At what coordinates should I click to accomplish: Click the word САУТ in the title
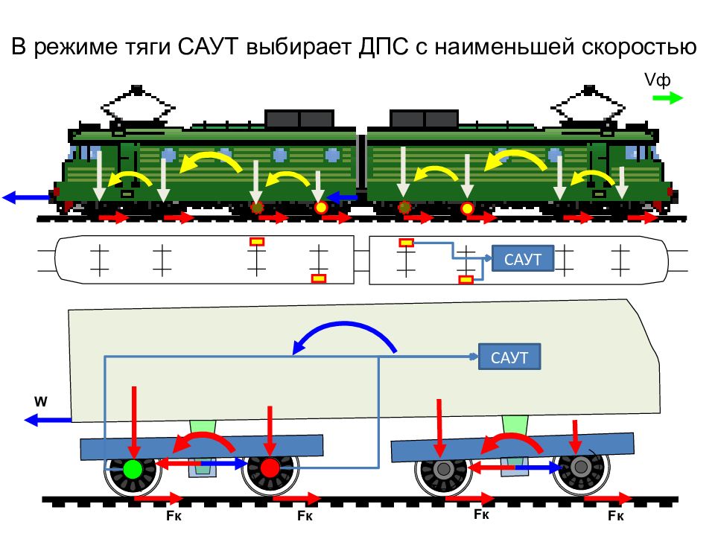pos(208,46)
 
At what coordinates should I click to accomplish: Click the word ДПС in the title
pos(383,46)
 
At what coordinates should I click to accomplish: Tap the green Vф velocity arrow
pos(668,98)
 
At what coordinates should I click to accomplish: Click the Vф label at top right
pos(657,80)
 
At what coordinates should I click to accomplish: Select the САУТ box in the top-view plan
pos(523,258)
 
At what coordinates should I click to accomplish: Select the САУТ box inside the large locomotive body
pos(509,357)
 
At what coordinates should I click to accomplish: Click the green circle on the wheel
pos(133,468)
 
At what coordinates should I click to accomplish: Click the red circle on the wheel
pos(270,468)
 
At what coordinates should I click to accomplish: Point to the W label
pos(40,401)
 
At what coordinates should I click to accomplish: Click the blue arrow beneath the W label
pos(48,419)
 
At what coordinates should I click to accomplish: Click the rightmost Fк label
pos(616,515)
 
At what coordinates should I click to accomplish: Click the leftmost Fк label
pos(174,515)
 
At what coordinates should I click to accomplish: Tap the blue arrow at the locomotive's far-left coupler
pos(27,197)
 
